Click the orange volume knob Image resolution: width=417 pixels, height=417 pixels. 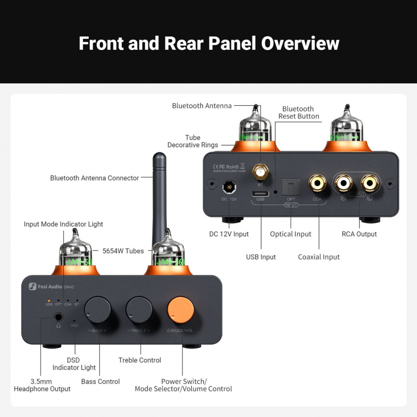(180, 309)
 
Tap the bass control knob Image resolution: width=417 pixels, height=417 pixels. (97, 309)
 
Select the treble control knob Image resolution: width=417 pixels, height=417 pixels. (139, 309)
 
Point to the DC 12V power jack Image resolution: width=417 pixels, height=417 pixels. (228, 187)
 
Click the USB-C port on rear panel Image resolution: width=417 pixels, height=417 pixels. (260, 194)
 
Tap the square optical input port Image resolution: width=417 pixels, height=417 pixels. (291, 187)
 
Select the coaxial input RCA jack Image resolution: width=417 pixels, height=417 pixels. (317, 183)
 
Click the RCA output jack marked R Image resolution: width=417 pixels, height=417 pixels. (343, 183)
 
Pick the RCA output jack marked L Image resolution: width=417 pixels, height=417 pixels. (370, 183)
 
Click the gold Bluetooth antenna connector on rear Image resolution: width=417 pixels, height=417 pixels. (260, 174)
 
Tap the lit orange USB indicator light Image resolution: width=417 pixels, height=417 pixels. (49, 301)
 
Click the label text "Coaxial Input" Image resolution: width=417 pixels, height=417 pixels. (319, 257)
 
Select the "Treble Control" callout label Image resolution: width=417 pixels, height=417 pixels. (140, 360)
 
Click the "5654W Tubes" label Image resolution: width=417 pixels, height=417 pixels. (123, 251)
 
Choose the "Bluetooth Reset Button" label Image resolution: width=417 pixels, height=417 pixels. (298, 112)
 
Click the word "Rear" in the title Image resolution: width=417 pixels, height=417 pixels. (184, 43)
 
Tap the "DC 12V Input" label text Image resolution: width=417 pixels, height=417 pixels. (229, 234)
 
